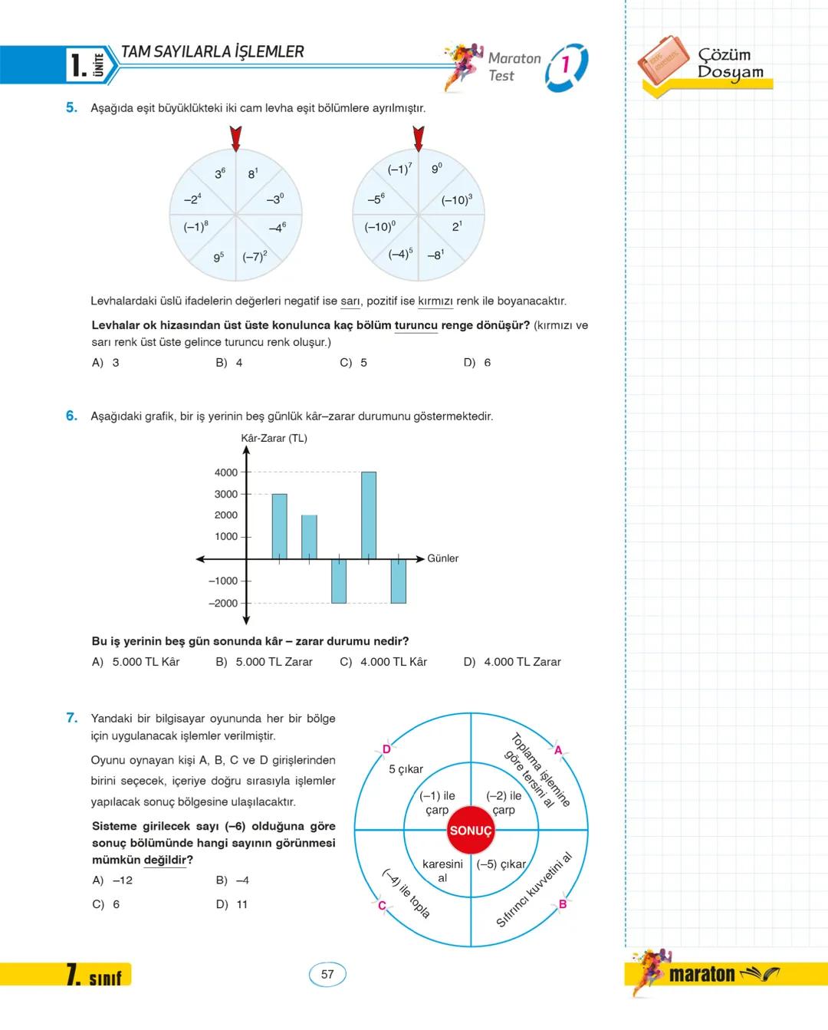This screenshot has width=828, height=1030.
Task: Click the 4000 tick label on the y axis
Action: click(226, 472)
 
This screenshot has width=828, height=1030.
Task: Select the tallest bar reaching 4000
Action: click(369, 515)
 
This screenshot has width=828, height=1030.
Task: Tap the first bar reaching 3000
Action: click(279, 526)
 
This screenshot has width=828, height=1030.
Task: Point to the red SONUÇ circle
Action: click(470, 831)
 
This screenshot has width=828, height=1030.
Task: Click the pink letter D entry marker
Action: click(386, 749)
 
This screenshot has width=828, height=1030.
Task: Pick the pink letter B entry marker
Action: click(562, 904)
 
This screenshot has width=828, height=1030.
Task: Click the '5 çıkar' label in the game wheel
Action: click(406, 769)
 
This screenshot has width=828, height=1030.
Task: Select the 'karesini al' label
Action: click(442, 870)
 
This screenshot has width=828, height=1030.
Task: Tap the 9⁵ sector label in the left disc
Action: click(219, 258)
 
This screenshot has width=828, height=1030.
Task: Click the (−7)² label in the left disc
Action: click(255, 257)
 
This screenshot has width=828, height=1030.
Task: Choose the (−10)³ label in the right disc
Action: click(456, 199)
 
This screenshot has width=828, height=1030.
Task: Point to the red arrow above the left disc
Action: click(235, 139)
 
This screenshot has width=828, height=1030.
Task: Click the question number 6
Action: click(71, 416)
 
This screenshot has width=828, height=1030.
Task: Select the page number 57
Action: click(327, 974)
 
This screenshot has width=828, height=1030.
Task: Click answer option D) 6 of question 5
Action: click(477, 363)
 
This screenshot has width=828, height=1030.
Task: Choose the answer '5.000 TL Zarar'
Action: click(274, 662)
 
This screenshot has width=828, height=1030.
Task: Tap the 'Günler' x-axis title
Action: click(442, 558)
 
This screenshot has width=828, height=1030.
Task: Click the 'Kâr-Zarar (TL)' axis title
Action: click(274, 438)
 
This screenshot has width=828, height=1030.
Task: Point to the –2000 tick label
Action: click(223, 603)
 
